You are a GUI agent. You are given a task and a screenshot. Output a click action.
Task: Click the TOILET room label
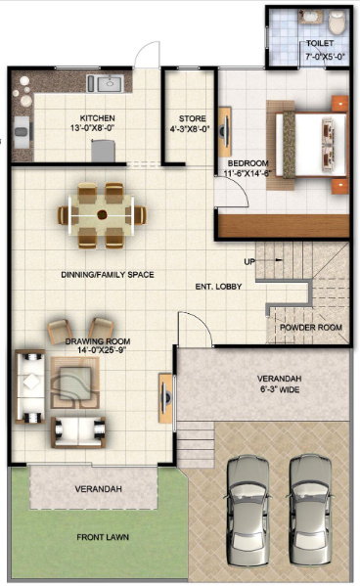click(x=319, y=45)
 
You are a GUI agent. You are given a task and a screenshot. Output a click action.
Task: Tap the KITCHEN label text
click(x=97, y=115)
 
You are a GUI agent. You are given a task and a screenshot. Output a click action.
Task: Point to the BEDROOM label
click(x=248, y=162)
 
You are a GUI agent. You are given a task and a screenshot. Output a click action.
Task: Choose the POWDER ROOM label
click(x=309, y=327)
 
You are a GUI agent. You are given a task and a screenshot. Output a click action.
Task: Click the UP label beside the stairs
click(x=249, y=261)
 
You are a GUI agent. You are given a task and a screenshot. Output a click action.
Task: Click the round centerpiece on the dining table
click(x=103, y=213)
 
